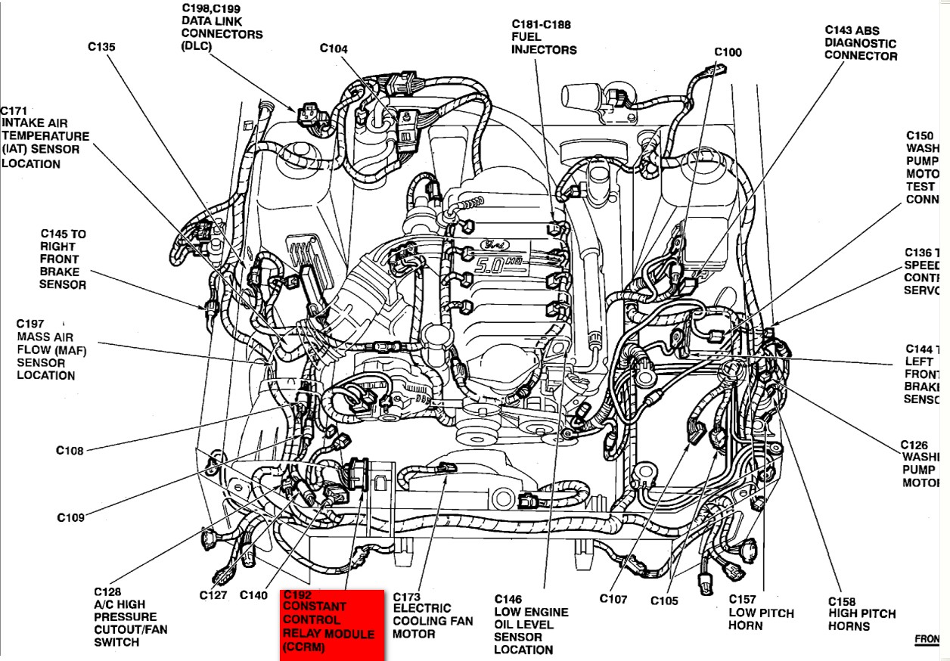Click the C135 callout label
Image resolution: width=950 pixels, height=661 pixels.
click(101, 47)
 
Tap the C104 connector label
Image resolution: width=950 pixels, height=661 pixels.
click(334, 49)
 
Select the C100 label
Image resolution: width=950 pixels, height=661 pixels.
click(728, 52)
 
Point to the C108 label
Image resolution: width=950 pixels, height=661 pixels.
click(70, 451)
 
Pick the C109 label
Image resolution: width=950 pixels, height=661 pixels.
click(70, 518)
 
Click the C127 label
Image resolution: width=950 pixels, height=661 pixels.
click(213, 595)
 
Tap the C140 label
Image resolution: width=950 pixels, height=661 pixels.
click(253, 595)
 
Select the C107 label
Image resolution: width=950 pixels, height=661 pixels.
click(613, 599)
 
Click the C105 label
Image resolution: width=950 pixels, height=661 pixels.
click(664, 600)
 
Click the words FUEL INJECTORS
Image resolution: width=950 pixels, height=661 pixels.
click(543, 43)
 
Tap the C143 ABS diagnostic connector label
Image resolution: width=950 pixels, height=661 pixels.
click(861, 43)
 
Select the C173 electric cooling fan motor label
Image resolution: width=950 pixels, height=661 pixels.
click(433, 615)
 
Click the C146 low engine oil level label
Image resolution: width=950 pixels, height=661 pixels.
click(531, 625)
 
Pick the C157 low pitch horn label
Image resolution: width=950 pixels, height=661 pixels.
click(761, 613)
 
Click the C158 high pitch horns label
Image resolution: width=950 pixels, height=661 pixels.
click(862, 614)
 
